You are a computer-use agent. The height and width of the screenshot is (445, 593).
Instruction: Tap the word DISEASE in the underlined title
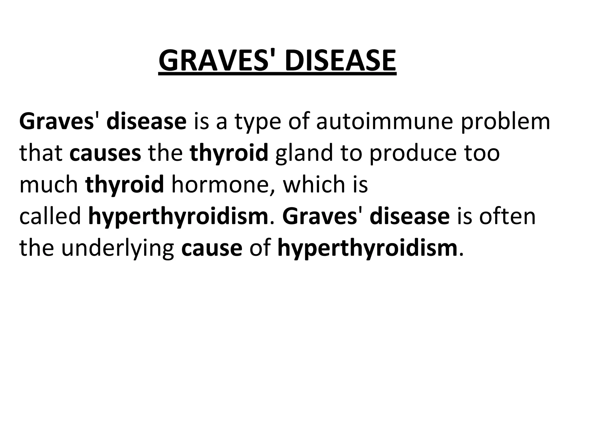[340, 61]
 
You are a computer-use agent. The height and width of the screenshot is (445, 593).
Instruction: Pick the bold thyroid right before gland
[229, 154]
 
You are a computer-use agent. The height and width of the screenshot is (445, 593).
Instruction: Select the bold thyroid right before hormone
[125, 185]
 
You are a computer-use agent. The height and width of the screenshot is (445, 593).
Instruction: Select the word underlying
[118, 249]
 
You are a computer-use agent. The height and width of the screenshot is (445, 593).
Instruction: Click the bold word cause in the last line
[212, 249]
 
